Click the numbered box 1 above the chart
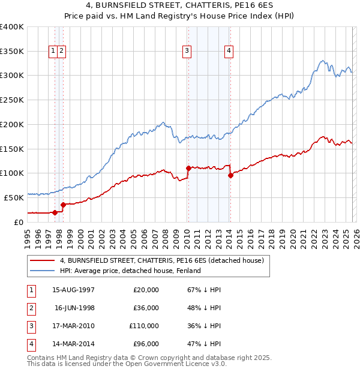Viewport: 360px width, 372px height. tap(53, 52)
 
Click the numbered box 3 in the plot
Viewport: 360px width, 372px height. tap(187, 52)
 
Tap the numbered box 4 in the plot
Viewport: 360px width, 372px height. tap(229, 52)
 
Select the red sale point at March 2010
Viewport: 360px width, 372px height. tap(188, 168)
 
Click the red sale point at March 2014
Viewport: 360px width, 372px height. tap(230, 175)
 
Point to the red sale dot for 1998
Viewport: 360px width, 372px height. tap(62, 204)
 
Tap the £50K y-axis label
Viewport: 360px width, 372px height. tap(14, 197)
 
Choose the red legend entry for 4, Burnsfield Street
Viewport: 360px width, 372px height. tap(162, 260)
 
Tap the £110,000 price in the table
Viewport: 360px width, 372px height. tap(144, 326)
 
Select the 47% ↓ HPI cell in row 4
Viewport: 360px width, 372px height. tap(204, 344)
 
